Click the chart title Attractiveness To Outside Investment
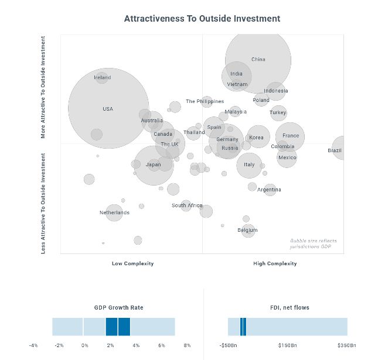pos(202,19)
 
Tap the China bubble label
pos(258,59)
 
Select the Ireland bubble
pos(102,77)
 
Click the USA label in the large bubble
pos(108,109)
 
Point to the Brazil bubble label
pos(335,150)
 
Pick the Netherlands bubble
pos(114,212)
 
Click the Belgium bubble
pos(248,230)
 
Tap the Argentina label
pos(269,190)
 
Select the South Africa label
pos(187,205)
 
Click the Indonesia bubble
pos(275,91)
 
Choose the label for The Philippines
pos(205,101)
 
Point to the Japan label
pos(153,164)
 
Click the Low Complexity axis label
pos(132,263)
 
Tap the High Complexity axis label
pos(275,263)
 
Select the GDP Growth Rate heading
pos(119,307)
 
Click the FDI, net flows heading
pos(287,307)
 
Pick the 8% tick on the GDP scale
pos(187,345)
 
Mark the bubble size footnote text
pos(314,244)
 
